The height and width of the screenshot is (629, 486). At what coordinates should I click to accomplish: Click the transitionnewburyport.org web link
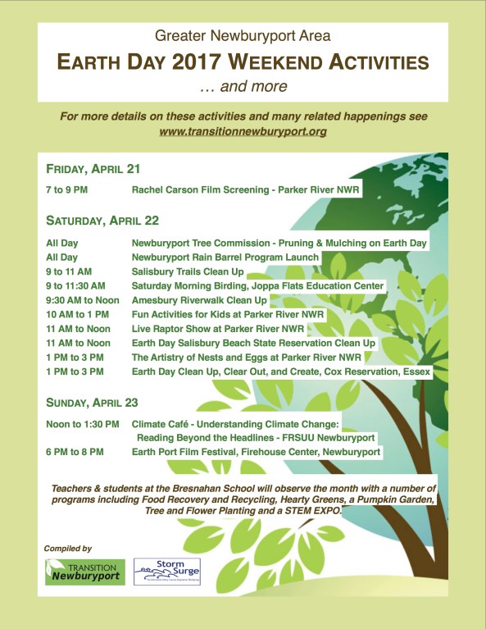(x=243, y=131)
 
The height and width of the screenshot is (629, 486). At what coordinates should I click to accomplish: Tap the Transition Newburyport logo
(x=85, y=572)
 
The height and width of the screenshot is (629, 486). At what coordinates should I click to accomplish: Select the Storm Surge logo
(x=166, y=572)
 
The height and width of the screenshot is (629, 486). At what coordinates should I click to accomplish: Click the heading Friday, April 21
(x=93, y=169)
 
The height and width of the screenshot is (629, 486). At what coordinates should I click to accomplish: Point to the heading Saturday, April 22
(x=102, y=220)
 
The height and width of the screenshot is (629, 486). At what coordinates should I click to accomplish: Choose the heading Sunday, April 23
(x=93, y=403)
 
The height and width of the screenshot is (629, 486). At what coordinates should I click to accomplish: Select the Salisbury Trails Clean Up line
(x=199, y=271)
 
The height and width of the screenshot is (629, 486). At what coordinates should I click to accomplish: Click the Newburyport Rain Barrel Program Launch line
(x=225, y=258)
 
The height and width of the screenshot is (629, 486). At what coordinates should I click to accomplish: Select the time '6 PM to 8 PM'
(x=75, y=452)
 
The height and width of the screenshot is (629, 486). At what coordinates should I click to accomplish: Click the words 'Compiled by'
(x=69, y=548)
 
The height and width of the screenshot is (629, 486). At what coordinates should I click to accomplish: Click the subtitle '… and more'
(x=243, y=85)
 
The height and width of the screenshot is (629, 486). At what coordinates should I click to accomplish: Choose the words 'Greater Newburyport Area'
(x=243, y=37)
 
